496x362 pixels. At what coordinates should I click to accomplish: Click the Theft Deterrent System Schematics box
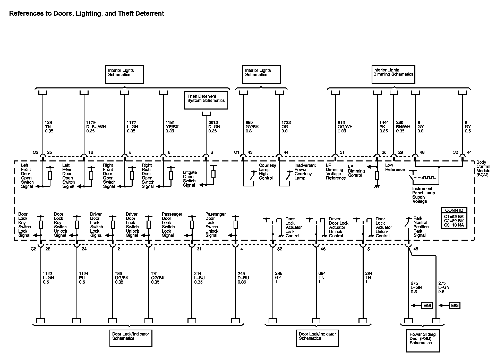[x=206, y=100]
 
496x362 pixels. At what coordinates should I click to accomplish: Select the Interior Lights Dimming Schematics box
[x=393, y=75]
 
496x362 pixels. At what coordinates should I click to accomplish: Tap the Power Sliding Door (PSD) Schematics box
[x=422, y=340]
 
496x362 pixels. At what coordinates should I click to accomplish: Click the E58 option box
[x=427, y=305]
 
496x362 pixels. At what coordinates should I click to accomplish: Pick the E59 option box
[x=455, y=305]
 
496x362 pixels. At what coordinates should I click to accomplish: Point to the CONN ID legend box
[x=454, y=218]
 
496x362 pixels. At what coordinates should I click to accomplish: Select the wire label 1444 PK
[x=384, y=127]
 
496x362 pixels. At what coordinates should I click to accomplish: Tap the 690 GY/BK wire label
[x=252, y=127]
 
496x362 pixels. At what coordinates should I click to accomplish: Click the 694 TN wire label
[x=322, y=278]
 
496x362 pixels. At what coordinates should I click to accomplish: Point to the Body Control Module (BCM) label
[x=483, y=169]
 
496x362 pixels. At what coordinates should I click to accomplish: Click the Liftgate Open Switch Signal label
[x=190, y=179]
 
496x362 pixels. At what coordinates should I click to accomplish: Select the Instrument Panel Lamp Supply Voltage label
[x=423, y=195]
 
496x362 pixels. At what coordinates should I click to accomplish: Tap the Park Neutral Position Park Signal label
[x=421, y=227]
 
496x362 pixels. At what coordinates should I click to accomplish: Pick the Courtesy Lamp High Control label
[x=267, y=171]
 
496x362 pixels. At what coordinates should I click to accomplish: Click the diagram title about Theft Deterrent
[x=87, y=13]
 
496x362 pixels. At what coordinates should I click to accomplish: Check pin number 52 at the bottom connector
[x=280, y=249]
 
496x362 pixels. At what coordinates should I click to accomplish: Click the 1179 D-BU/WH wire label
[x=96, y=127]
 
